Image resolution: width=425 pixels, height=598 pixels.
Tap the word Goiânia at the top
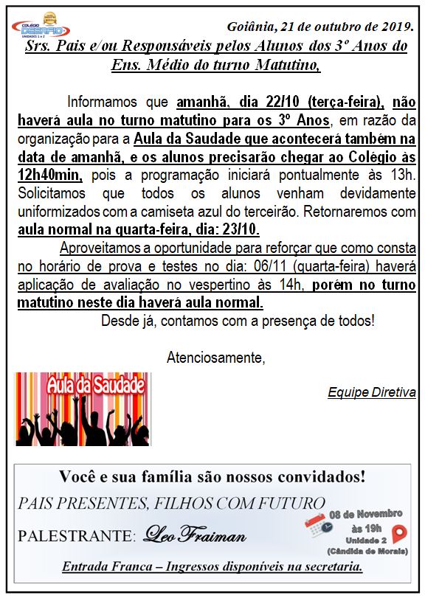pyautogui.click(x=250, y=27)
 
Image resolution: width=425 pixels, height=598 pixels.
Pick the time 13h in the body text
pyautogui.click(x=403, y=174)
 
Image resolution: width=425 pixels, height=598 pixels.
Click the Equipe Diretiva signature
pyautogui.click(x=372, y=392)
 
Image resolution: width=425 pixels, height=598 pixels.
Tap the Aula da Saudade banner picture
pyautogui.click(x=83, y=409)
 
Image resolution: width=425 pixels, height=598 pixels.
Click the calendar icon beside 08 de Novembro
pyautogui.click(x=316, y=524)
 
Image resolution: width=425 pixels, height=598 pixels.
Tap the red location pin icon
pyautogui.click(x=400, y=533)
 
